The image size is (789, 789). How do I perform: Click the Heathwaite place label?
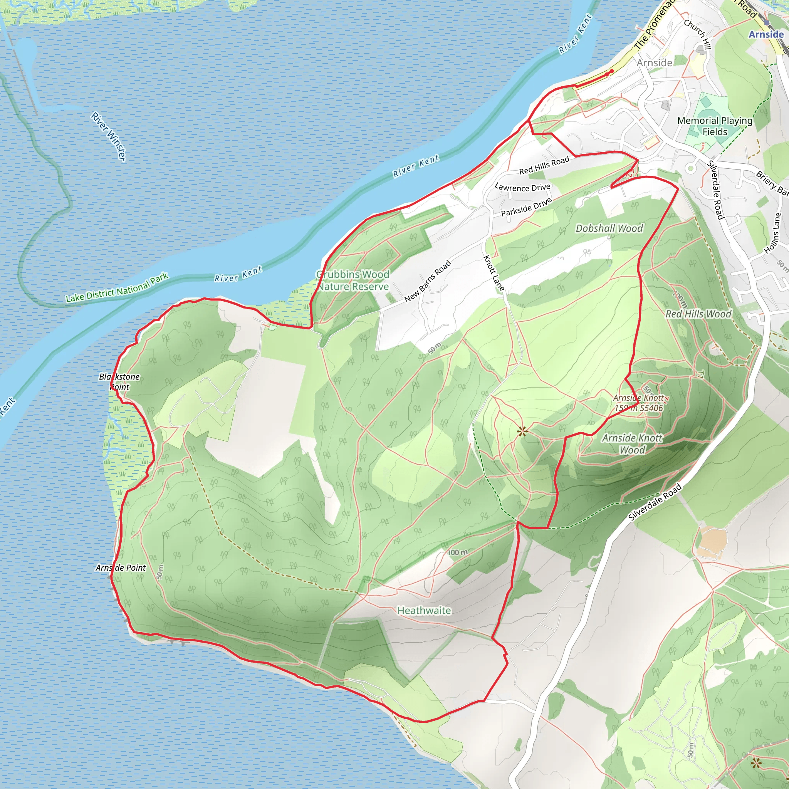click(424, 611)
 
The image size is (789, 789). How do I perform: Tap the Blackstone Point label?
click(119, 381)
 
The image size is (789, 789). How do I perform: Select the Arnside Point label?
click(121, 567)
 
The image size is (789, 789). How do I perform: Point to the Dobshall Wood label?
click(609, 228)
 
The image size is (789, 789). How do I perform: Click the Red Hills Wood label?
click(698, 314)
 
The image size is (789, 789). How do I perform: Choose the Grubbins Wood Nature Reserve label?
click(353, 280)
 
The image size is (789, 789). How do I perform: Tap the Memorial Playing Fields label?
click(715, 126)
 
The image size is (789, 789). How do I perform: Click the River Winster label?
click(109, 136)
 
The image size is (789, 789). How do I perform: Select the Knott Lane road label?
click(494, 273)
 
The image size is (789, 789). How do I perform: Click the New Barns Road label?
click(427, 281)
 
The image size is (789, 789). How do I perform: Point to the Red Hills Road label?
click(544, 165)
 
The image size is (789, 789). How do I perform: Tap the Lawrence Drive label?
click(522, 188)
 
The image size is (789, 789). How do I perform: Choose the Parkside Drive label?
click(526, 206)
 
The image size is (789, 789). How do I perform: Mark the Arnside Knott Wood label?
click(632, 444)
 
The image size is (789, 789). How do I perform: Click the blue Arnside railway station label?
click(766, 34)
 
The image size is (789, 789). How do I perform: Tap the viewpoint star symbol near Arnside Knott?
click(522, 431)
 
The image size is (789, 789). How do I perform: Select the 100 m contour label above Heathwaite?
click(458, 552)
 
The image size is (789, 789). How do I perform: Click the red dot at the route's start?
click(611, 72)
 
